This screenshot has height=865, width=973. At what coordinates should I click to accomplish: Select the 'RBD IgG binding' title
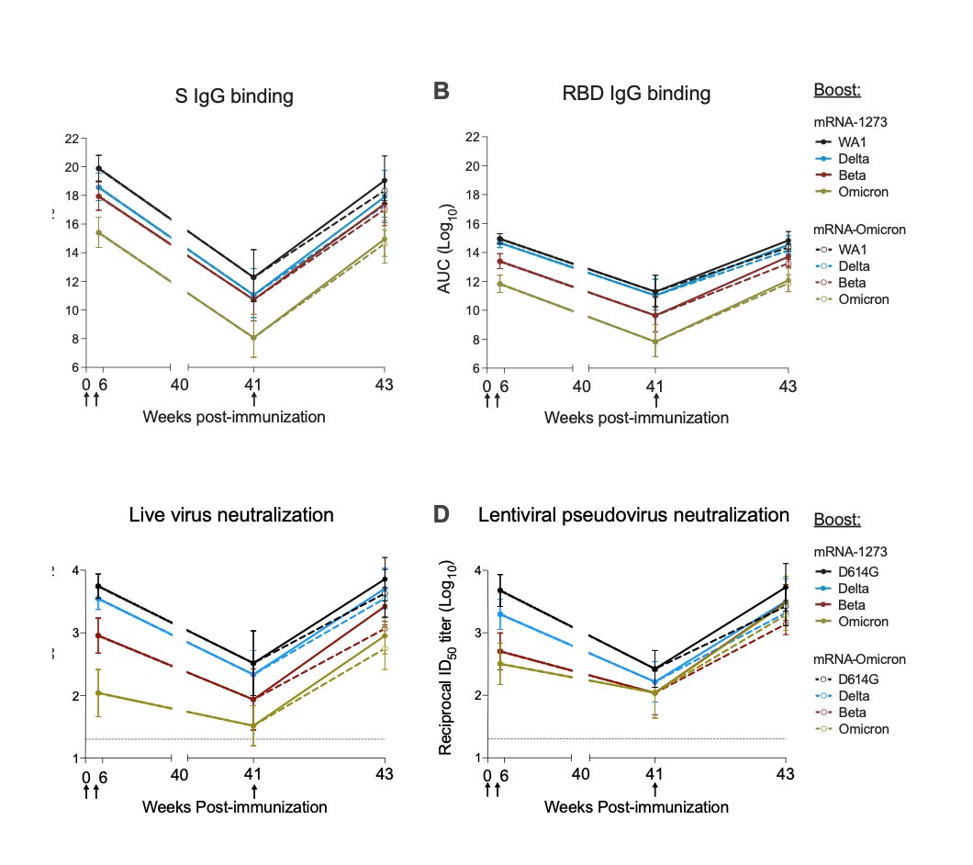point(636,94)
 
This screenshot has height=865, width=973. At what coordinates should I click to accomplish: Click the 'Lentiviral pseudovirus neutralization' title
point(633,515)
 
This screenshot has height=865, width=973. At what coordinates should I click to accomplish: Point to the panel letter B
point(441,92)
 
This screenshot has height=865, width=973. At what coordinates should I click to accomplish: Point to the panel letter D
point(441,514)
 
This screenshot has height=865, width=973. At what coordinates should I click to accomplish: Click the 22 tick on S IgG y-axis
point(71,139)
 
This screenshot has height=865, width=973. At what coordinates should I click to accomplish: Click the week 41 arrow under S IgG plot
point(254,399)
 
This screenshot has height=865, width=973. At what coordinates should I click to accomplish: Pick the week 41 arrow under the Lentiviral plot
point(654,790)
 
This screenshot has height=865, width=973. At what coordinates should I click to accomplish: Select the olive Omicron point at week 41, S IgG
point(254,338)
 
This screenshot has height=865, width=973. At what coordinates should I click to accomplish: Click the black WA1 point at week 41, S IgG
point(254,276)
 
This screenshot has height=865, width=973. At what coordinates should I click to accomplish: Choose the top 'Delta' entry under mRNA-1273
point(853,159)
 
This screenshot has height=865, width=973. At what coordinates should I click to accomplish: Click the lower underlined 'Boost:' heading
point(837,521)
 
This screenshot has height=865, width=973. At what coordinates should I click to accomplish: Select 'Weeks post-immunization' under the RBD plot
point(636,418)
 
